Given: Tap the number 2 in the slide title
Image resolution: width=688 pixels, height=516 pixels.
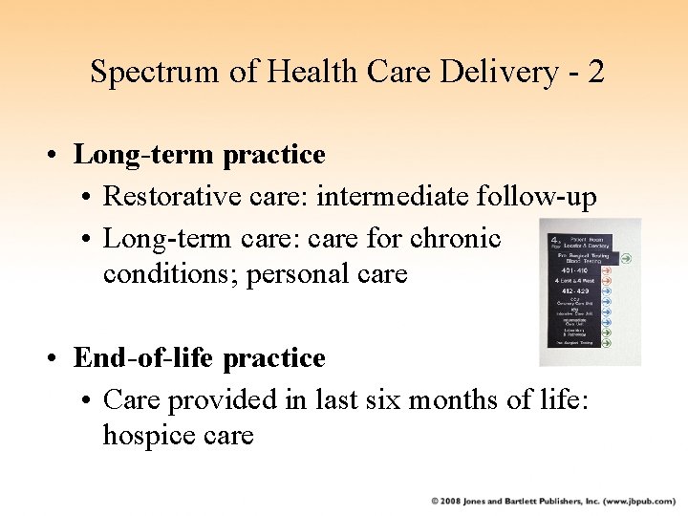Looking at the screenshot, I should pos(595,72).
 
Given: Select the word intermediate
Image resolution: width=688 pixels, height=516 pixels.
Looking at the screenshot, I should pos(388,197).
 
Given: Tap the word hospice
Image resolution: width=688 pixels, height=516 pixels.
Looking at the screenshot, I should pos(151,436).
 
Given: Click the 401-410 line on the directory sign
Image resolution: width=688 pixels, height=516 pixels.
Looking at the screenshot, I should pos(576,270).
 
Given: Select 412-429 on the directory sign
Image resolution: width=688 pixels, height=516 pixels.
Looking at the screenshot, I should pos(576,290).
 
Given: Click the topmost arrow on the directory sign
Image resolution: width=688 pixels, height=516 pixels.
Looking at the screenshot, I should pos(628,257).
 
